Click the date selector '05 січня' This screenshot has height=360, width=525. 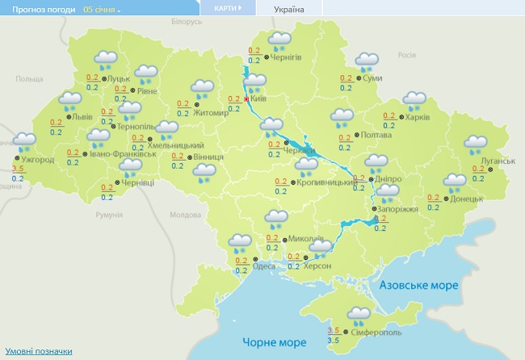(102, 9)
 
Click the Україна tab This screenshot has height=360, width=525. (289, 9)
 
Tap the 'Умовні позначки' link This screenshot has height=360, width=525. (39, 351)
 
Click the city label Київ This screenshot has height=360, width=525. (259, 98)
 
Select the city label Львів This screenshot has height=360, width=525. (83, 116)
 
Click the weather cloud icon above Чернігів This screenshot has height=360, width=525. (280, 40)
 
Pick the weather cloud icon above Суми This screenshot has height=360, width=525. (367, 61)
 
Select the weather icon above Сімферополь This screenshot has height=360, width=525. (359, 315)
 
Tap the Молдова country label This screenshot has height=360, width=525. (185, 215)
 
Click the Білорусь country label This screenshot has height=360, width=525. (186, 22)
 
